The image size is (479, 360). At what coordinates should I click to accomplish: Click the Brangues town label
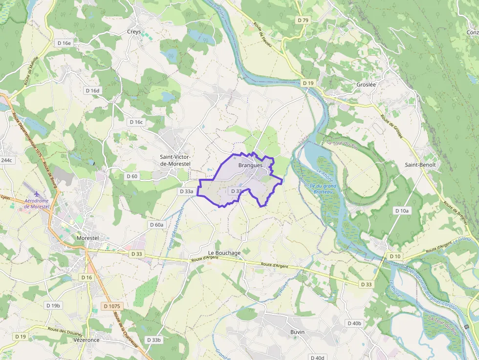250,165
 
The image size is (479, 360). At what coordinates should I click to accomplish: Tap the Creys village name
134,32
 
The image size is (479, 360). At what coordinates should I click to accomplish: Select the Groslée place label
366,84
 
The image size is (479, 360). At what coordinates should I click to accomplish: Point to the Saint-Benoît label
420,165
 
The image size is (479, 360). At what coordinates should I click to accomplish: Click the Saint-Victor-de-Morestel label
175,160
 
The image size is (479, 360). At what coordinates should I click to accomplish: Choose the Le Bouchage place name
228,253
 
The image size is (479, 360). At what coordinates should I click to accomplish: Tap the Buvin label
297,332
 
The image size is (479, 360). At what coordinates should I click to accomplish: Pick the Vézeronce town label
86,339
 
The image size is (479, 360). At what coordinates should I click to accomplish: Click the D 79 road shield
303,20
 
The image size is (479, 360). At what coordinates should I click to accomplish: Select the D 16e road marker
64,43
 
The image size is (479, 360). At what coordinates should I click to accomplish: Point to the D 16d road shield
92,90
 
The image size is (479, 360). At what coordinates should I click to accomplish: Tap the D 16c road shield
136,122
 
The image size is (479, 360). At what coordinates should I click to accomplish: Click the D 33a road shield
187,191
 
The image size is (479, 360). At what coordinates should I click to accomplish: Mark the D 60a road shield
156,224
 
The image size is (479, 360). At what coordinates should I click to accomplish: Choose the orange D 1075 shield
111,306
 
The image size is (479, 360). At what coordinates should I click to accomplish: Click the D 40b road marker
354,323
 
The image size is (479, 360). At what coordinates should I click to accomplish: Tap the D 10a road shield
402,211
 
